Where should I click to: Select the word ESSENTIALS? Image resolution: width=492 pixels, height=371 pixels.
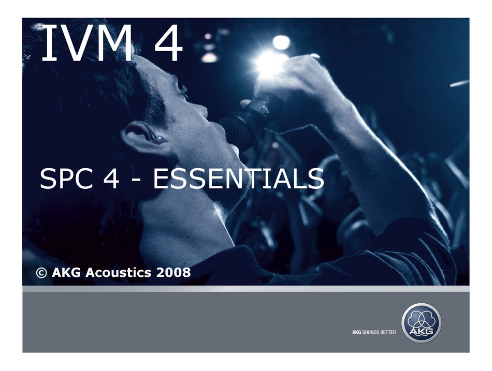pos(239,179)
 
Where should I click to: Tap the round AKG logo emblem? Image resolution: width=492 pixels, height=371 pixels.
pos(422,322)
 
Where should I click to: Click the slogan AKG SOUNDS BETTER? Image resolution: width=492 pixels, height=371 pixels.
pos(370,332)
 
